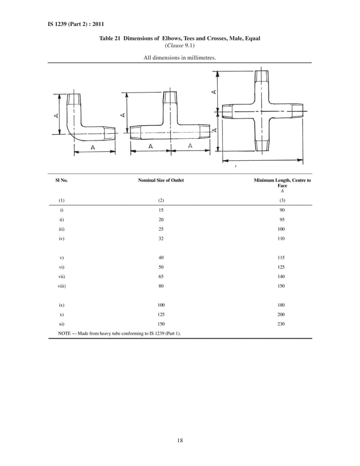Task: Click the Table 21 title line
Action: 179,38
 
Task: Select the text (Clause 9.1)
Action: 179,46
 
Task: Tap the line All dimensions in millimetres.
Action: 179,58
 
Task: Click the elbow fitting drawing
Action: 85,121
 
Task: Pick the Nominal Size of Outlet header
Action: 161,180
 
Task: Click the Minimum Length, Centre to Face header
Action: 282,183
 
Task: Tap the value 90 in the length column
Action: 282,209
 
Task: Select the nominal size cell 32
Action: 161,239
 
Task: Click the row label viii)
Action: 62,287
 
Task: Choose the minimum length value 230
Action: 282,324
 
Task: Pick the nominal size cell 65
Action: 161,277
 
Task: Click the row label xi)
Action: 62,324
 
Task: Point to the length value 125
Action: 282,267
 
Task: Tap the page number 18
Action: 180,440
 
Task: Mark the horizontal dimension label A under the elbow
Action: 93,147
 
